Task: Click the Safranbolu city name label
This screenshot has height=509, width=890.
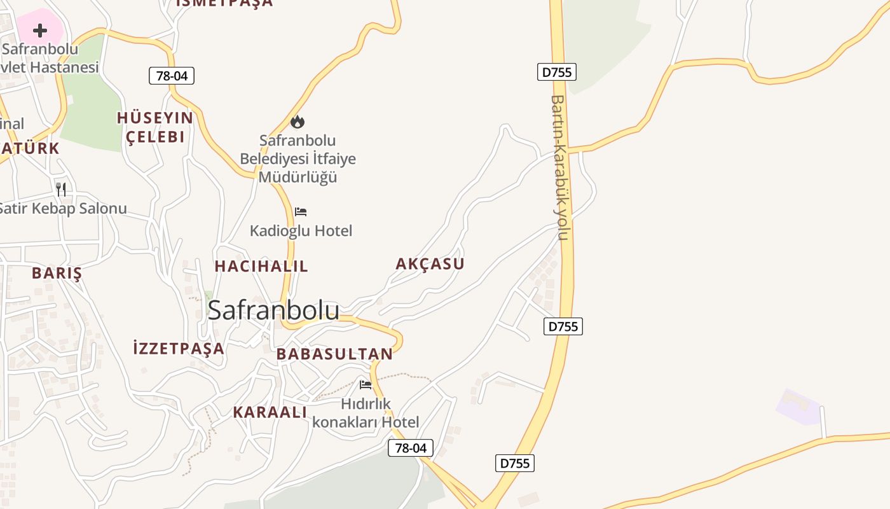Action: pyautogui.click(x=273, y=310)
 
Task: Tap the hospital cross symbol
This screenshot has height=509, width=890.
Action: pyautogui.click(x=40, y=30)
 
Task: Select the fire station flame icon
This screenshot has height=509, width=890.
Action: pyautogui.click(x=298, y=122)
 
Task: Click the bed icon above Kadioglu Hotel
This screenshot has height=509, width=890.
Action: pyautogui.click(x=301, y=211)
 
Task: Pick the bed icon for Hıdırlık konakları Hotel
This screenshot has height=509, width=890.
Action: pyautogui.click(x=366, y=384)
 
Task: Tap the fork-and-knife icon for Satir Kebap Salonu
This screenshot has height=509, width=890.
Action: pyautogui.click(x=61, y=189)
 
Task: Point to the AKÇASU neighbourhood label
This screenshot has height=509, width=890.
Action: pyautogui.click(x=430, y=263)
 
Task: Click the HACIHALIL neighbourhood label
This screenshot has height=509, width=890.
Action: pyautogui.click(x=261, y=266)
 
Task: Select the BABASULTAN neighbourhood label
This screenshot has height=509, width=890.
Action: pyautogui.click(x=334, y=354)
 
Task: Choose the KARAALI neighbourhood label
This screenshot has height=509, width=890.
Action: pyautogui.click(x=270, y=412)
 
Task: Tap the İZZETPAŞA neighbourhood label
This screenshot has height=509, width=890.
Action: pyautogui.click(x=179, y=348)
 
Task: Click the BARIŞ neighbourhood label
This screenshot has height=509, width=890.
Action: pyautogui.click(x=57, y=273)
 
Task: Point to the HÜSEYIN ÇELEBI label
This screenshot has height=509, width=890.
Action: pyautogui.click(x=155, y=127)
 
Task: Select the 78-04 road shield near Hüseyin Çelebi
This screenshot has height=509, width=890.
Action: pyautogui.click(x=172, y=76)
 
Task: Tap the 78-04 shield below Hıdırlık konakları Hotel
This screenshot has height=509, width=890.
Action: pyautogui.click(x=411, y=448)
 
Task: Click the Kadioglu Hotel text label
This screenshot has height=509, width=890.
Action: pyautogui.click(x=301, y=230)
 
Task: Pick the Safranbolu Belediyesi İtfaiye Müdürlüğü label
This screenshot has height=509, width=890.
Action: pyautogui.click(x=298, y=158)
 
